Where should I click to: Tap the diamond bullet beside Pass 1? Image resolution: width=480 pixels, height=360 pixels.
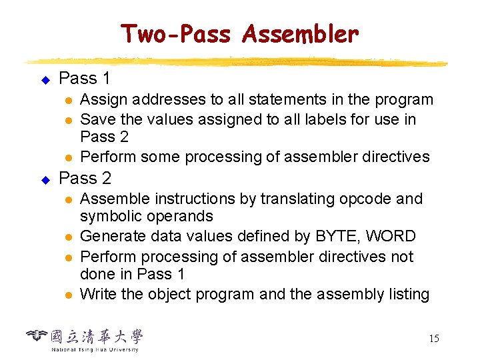coord(45,80)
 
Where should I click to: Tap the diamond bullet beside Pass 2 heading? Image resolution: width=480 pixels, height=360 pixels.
coord(45,180)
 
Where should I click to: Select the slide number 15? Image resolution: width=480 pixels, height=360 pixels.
coord(433,339)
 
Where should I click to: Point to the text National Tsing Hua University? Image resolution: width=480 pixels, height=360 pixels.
coord(95,349)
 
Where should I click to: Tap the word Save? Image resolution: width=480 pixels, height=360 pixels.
coord(97,119)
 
